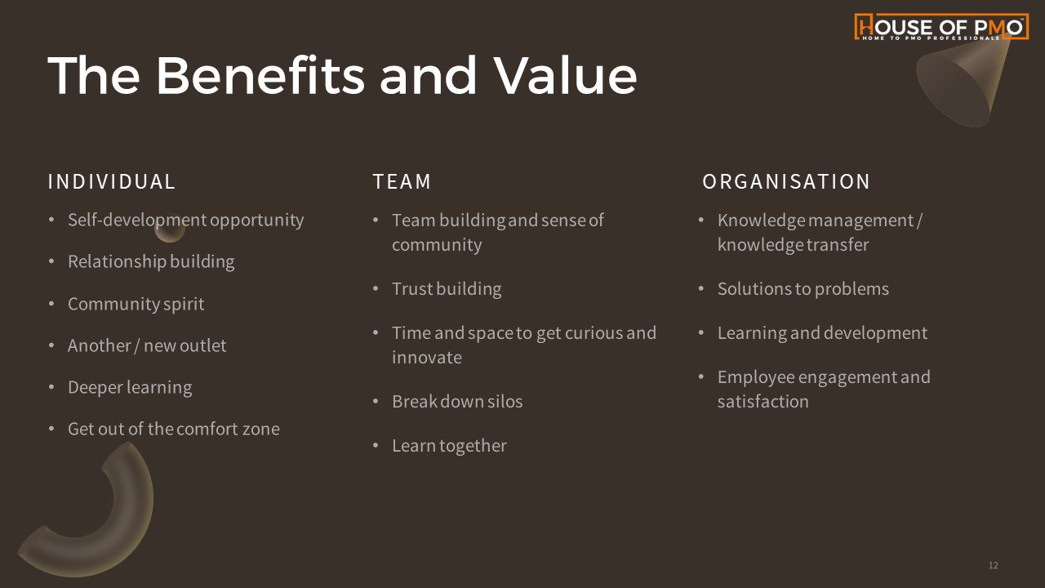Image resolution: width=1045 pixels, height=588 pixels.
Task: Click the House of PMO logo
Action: [x=941, y=27]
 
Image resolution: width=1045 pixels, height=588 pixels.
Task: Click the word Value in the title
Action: [x=566, y=76]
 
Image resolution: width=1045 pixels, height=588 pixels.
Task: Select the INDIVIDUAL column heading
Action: [x=112, y=181]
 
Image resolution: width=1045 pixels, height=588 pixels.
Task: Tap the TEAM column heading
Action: [x=402, y=181]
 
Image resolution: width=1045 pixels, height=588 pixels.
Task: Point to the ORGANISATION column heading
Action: [x=786, y=181]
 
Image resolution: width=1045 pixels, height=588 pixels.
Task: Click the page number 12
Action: [x=994, y=565]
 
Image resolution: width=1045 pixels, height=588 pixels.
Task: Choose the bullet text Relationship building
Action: [x=151, y=262]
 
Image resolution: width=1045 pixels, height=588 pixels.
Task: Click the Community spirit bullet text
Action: [x=136, y=305]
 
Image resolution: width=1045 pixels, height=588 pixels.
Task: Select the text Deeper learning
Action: [x=130, y=387]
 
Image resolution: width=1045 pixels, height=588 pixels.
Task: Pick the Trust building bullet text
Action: [x=447, y=289]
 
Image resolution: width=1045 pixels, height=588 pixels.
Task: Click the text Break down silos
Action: [x=457, y=401]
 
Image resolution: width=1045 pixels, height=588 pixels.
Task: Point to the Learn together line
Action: [x=449, y=446]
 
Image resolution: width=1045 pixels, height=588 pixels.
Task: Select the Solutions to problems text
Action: [x=803, y=289]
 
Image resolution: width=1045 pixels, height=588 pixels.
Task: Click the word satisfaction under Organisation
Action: [x=763, y=402]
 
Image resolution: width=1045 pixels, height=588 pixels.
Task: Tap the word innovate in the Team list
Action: [x=427, y=358]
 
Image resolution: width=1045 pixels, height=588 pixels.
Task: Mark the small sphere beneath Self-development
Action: [x=170, y=228]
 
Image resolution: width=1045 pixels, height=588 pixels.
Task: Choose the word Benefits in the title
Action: [x=260, y=76]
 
